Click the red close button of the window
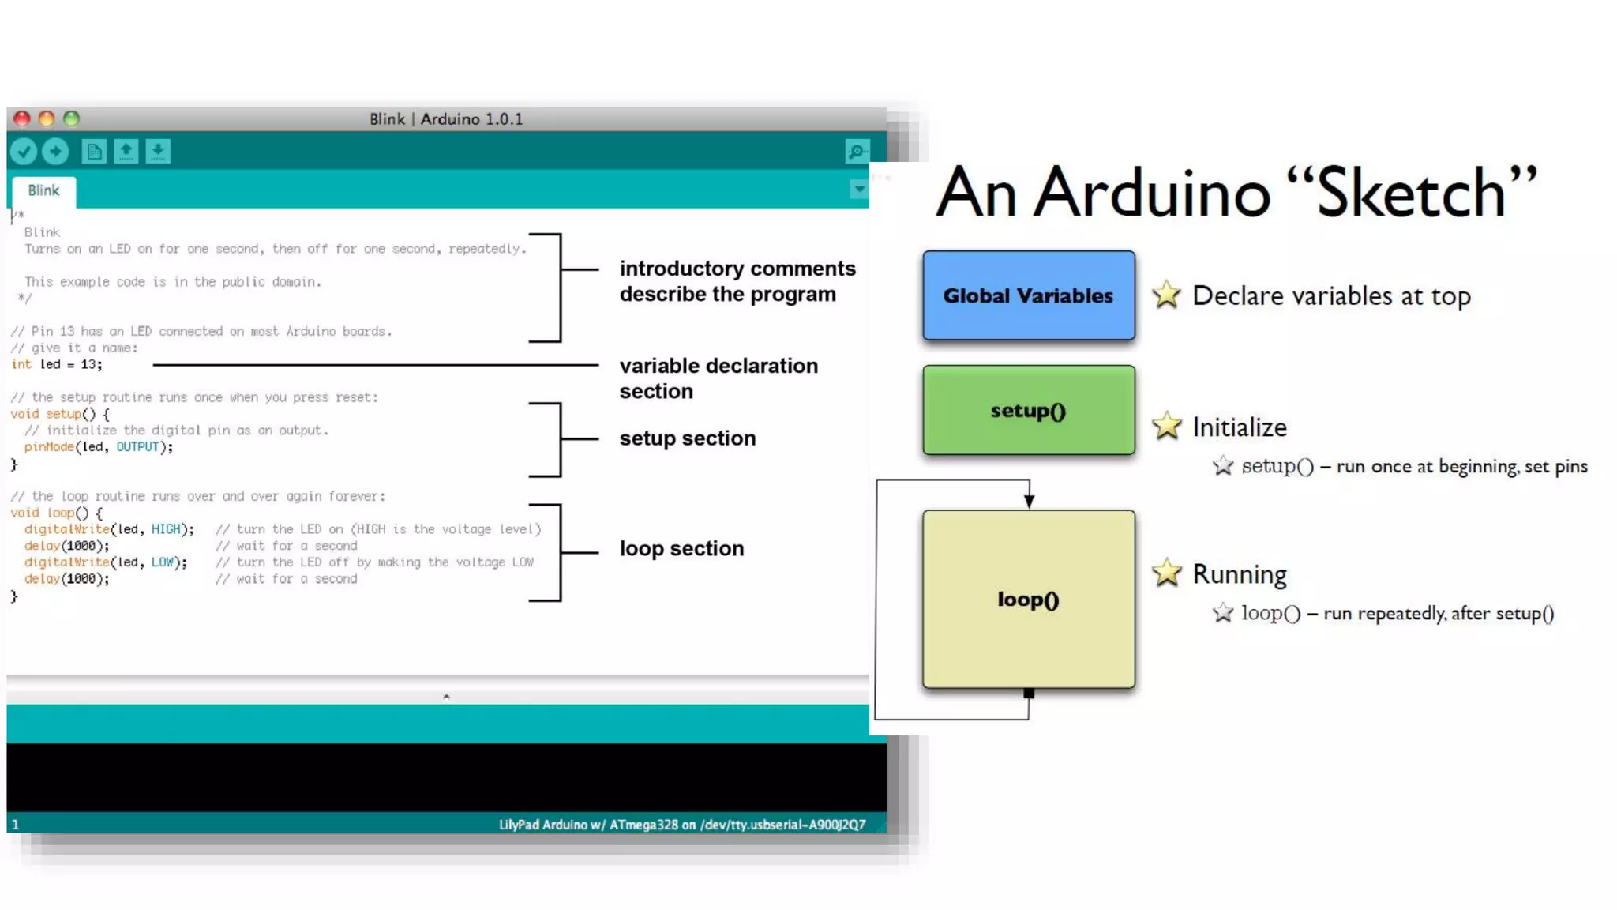pyautogui.click(x=22, y=118)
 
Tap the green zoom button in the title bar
pyautogui.click(x=72, y=118)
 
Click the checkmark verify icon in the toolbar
pyautogui.click(x=24, y=151)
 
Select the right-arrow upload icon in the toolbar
pyautogui.click(x=55, y=151)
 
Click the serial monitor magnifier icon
pyautogui.click(x=857, y=151)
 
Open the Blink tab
pyautogui.click(x=43, y=190)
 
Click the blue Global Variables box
pyautogui.click(x=1028, y=295)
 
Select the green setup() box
pyautogui.click(x=1028, y=410)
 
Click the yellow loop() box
pyautogui.click(x=1028, y=599)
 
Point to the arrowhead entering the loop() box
pyautogui.click(x=1029, y=501)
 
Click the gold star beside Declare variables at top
pyautogui.click(x=1166, y=295)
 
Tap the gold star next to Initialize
pyautogui.click(x=1166, y=427)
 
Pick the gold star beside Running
pyautogui.click(x=1166, y=573)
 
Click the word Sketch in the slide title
pyautogui.click(x=1411, y=193)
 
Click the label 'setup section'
pyautogui.click(x=687, y=438)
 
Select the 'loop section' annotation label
pyautogui.click(x=681, y=548)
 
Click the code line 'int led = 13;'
pyautogui.click(x=57, y=364)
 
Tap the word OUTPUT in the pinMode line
pyautogui.click(x=137, y=447)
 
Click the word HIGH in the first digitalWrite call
pyautogui.click(x=166, y=529)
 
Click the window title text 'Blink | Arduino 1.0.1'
pyautogui.click(x=446, y=119)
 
